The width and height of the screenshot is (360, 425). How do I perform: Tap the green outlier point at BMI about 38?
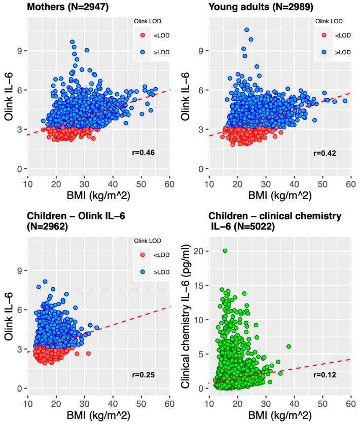click(x=289, y=346)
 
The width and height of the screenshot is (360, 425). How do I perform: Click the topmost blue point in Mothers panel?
click(x=73, y=42)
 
